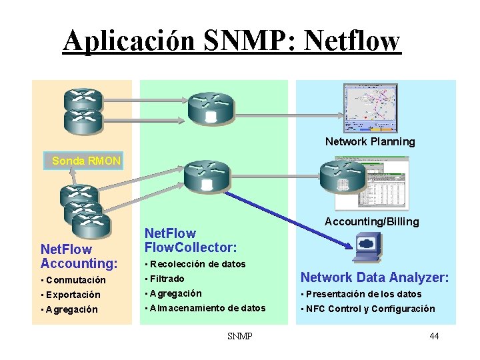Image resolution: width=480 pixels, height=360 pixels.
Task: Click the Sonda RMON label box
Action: pos(86,161)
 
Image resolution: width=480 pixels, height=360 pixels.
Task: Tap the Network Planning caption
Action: pos(370,141)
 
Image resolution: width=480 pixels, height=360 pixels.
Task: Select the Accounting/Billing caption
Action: pos(372,221)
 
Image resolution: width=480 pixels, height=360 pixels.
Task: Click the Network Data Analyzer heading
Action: pos(375,277)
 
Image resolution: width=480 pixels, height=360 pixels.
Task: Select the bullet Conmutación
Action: pos(73,280)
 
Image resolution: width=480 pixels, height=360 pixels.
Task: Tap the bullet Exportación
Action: pos(70,295)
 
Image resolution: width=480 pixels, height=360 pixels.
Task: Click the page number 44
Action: pos(434,336)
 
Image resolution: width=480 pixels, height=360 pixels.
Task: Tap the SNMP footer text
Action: pos(239,336)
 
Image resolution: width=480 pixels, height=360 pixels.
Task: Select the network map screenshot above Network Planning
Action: pos(370,107)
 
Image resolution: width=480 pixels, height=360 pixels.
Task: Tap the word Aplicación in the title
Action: pos(129,41)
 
